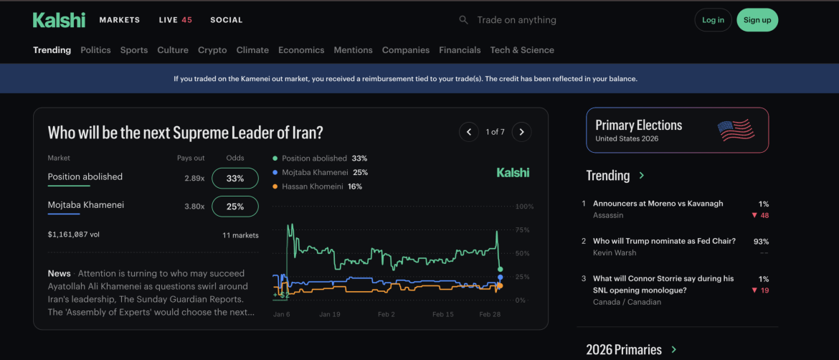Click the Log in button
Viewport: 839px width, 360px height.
click(713, 20)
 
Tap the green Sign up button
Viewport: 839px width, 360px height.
click(757, 20)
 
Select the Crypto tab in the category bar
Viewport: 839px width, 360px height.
click(212, 50)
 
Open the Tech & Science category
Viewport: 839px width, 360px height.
click(522, 50)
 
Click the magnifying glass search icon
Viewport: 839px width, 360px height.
click(464, 20)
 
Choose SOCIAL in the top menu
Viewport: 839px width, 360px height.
click(226, 20)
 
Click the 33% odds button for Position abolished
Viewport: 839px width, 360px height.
click(235, 179)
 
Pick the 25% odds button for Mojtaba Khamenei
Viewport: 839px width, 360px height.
click(235, 207)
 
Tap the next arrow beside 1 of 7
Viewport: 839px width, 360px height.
click(522, 132)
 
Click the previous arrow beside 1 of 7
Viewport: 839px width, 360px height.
click(469, 132)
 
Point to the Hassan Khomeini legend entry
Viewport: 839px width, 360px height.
click(317, 186)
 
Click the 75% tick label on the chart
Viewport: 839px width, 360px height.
click(523, 230)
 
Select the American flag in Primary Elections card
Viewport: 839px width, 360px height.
click(736, 131)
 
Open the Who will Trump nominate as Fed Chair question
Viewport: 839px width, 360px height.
click(664, 242)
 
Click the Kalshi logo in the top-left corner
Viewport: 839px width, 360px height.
click(59, 20)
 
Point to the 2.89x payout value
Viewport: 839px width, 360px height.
click(194, 179)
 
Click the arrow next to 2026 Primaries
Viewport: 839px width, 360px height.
click(673, 350)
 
